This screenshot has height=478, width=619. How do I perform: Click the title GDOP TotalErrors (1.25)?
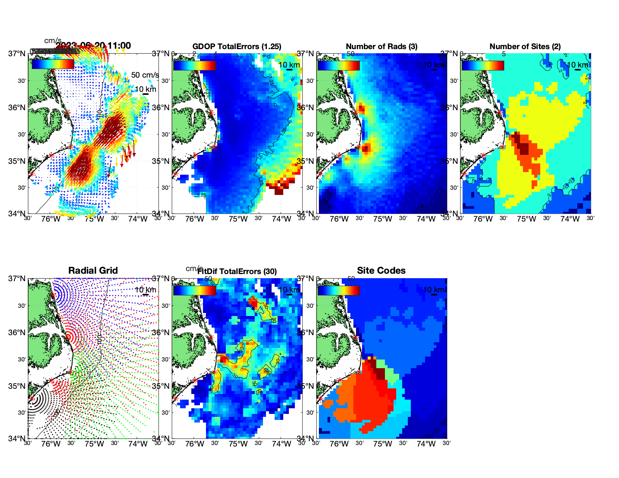coord(237,46)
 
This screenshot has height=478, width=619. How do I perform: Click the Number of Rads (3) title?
coord(382,46)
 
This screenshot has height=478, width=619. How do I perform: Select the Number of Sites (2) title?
coord(525,46)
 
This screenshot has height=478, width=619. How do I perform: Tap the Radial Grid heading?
coord(93,271)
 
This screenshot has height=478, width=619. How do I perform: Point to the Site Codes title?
coord(381,271)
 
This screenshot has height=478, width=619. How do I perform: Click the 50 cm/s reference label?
coord(145,75)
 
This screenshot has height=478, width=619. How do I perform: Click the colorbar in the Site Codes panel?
coord(338,291)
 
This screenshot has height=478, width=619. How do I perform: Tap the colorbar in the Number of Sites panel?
coord(483,65)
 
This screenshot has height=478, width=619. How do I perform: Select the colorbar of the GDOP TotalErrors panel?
coord(194,65)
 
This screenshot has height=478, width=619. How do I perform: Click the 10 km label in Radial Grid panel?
coord(145,290)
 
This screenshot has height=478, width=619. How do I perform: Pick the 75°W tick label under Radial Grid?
coord(94,444)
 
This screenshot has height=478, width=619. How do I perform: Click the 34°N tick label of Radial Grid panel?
coord(17,438)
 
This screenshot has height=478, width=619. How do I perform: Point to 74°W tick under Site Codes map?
coord(426,444)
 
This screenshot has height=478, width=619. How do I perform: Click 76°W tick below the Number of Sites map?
coord(483,219)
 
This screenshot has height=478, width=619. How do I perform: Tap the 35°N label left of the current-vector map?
coord(17,161)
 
